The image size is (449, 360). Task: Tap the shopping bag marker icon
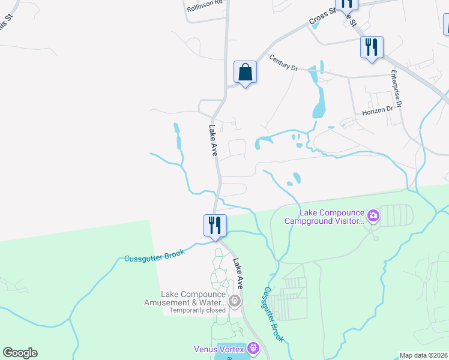[x=245, y=73]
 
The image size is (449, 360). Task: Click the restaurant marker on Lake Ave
[x=215, y=226]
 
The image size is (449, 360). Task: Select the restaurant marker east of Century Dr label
[x=372, y=47]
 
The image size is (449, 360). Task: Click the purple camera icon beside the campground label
[x=373, y=215]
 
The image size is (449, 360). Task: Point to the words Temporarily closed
[x=197, y=310]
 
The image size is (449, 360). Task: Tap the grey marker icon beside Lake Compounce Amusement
[x=235, y=300]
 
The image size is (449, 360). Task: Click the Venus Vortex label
[x=219, y=349]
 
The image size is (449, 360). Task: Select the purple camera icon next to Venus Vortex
[x=253, y=348]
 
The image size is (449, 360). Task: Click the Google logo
[x=20, y=353]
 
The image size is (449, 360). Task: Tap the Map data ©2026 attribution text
[x=424, y=355]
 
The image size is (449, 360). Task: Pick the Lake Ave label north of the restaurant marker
[x=212, y=140]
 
